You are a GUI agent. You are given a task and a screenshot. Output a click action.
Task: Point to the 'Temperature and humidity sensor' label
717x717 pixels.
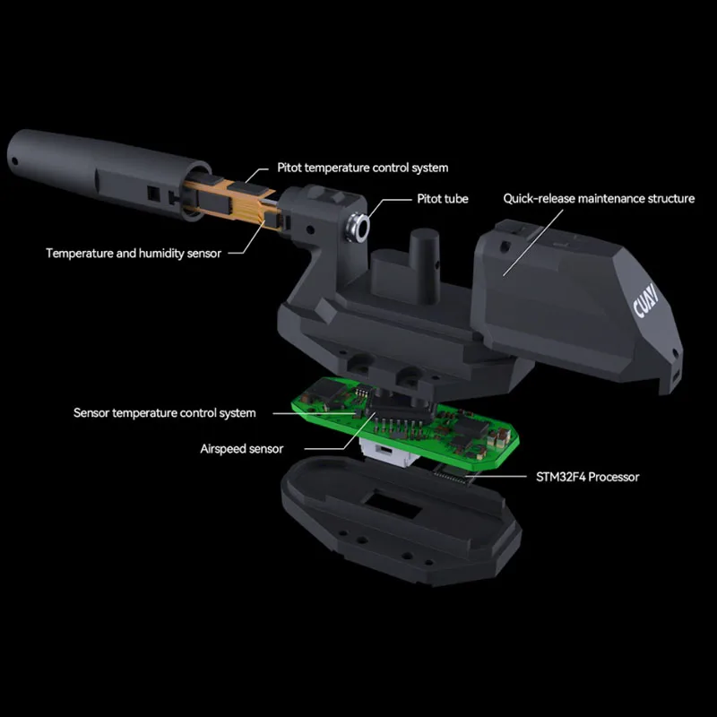coord(134,254)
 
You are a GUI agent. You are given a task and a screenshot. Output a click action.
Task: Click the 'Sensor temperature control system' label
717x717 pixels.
coord(165,413)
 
